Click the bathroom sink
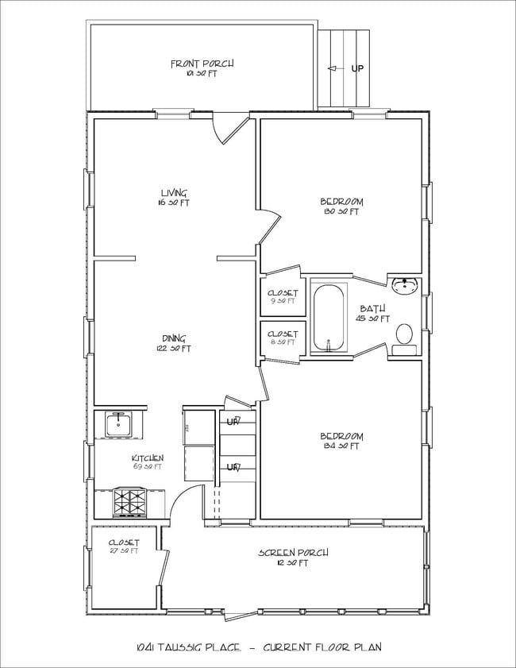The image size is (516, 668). (405, 284)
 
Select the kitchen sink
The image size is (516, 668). (120, 424)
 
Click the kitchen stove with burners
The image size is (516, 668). (129, 502)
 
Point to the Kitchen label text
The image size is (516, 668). (148, 459)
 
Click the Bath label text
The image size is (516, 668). (372, 309)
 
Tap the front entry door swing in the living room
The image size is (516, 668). (230, 130)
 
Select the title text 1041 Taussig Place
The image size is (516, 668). (189, 647)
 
